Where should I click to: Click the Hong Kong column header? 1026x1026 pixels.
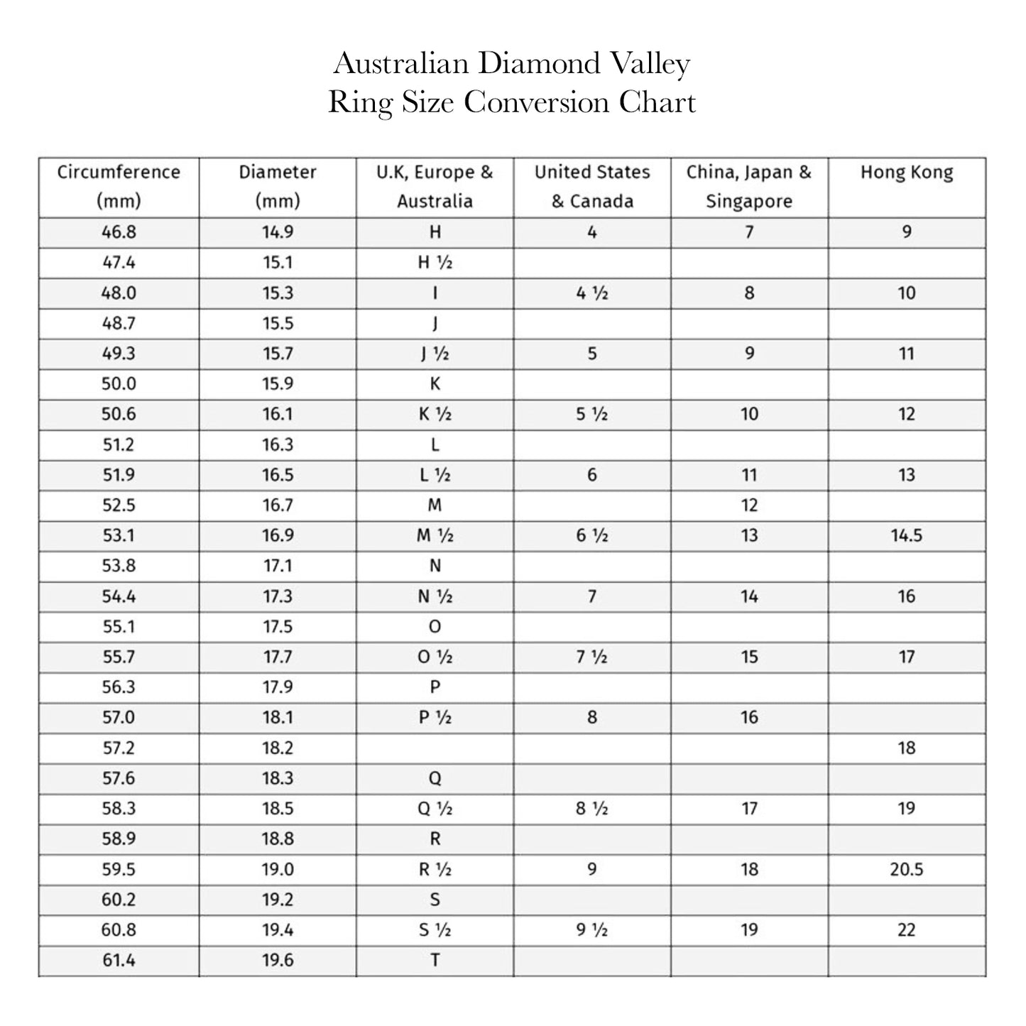click(906, 173)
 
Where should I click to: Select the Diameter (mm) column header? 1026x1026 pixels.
click(278, 186)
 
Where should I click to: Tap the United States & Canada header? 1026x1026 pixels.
click(592, 186)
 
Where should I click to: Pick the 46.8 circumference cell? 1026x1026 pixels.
click(119, 232)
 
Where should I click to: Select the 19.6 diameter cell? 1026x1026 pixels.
click(278, 960)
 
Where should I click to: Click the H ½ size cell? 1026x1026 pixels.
click(435, 263)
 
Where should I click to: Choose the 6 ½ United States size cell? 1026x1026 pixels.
click(592, 535)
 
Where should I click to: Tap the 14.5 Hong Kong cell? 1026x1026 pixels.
click(906, 535)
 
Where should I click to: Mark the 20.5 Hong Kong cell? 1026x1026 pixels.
click(906, 869)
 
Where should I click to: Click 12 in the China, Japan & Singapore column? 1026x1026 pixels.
click(749, 506)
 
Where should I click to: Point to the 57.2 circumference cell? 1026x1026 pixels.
click(119, 748)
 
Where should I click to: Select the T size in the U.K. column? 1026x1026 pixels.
click(435, 960)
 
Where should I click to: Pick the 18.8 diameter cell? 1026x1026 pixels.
click(278, 839)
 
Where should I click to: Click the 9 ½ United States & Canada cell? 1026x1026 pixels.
click(592, 930)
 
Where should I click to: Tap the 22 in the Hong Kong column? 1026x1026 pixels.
click(906, 930)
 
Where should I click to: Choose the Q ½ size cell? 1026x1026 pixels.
click(435, 809)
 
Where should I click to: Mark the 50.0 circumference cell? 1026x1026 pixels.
click(119, 384)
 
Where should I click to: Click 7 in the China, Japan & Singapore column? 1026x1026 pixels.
click(749, 232)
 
